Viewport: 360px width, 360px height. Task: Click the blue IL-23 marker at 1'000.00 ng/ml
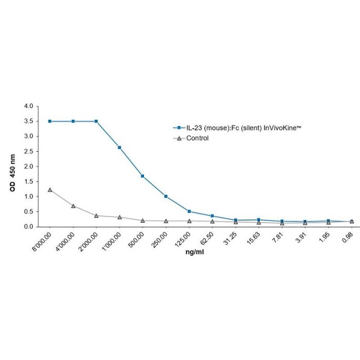coord(119,148)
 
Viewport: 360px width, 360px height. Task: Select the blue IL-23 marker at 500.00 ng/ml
coord(142,176)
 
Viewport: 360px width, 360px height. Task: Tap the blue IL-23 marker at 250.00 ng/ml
coord(166,196)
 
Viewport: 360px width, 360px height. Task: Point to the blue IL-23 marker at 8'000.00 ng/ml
coord(50,121)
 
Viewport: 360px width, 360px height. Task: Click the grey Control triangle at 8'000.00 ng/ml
coord(50,190)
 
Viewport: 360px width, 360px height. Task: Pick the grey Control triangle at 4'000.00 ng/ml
coord(73,206)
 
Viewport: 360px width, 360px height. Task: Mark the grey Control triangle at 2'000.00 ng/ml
coord(96,215)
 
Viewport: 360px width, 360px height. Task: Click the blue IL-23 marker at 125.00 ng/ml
coord(189,211)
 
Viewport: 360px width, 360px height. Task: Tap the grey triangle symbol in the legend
coord(178,138)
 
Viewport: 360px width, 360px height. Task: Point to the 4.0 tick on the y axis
coord(28,106)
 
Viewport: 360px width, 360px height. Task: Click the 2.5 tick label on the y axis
coord(28,151)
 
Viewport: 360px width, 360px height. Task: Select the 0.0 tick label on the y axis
coord(28,227)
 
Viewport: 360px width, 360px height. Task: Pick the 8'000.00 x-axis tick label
coord(41,241)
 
